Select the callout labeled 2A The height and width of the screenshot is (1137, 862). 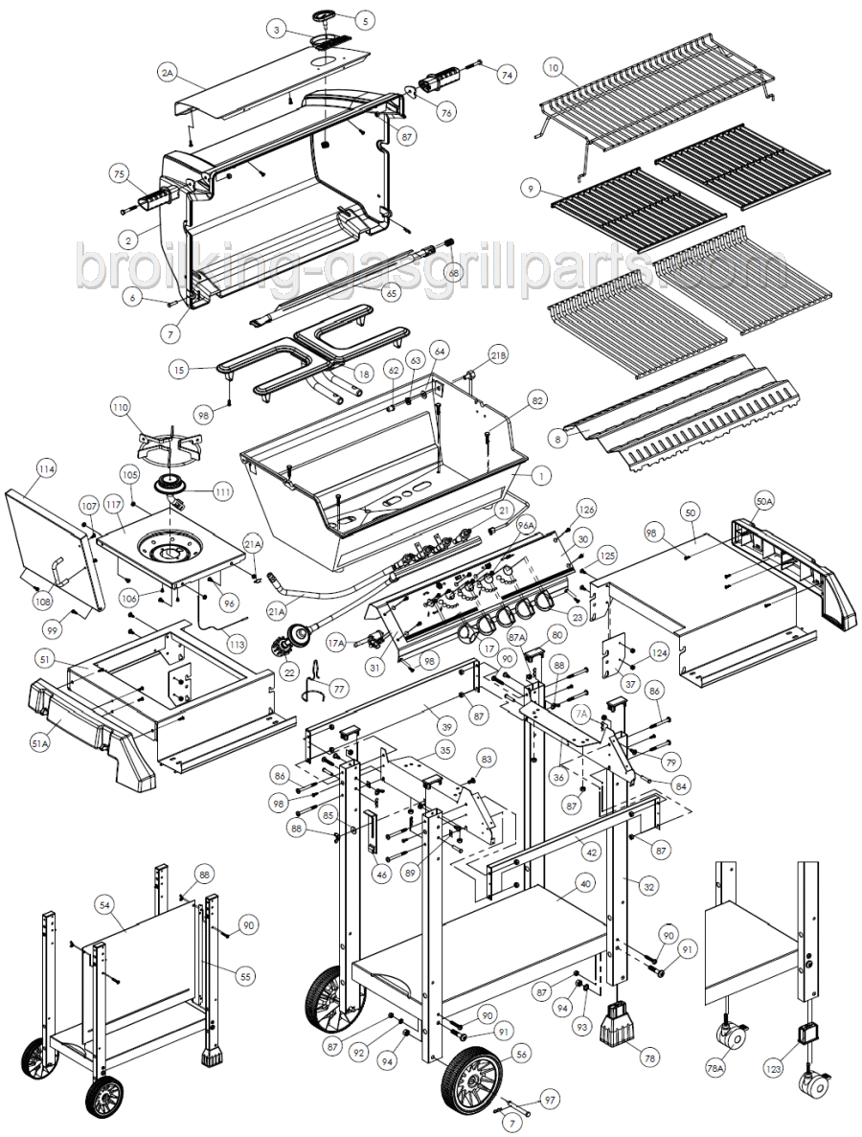[x=169, y=73]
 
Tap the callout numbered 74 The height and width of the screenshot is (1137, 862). [x=507, y=74]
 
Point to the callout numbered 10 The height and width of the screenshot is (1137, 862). [x=553, y=67]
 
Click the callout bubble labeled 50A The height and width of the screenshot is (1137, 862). [x=764, y=500]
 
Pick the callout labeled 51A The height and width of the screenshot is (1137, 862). [x=40, y=742]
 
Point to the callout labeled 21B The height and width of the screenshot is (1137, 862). [x=499, y=354]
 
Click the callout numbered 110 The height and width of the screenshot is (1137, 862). [x=120, y=407]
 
